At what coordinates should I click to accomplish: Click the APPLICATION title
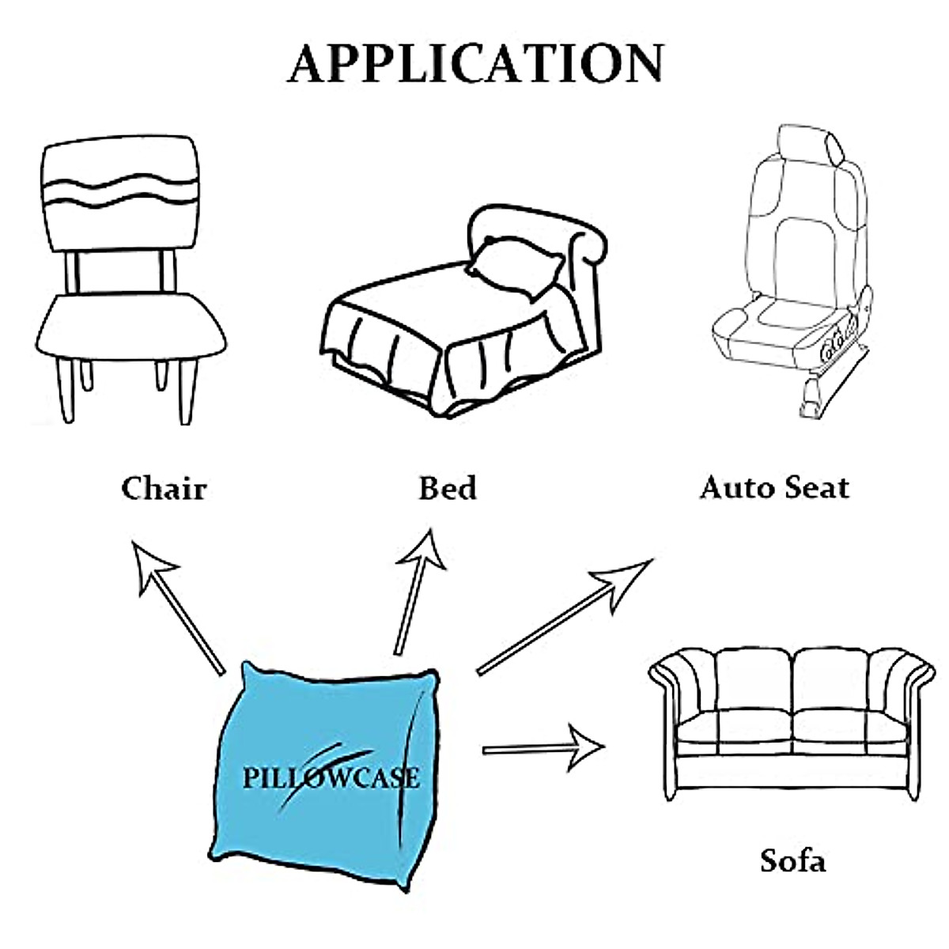click(475, 63)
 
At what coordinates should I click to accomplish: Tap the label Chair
click(164, 488)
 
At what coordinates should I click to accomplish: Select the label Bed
click(448, 488)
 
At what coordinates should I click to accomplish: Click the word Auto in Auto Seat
click(736, 487)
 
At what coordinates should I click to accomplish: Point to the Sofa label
click(792, 860)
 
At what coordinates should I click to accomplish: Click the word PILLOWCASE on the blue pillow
click(331, 777)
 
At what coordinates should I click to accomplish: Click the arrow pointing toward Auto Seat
click(564, 615)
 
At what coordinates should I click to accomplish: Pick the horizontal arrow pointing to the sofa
click(543, 747)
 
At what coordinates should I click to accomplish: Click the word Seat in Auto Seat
click(815, 487)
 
